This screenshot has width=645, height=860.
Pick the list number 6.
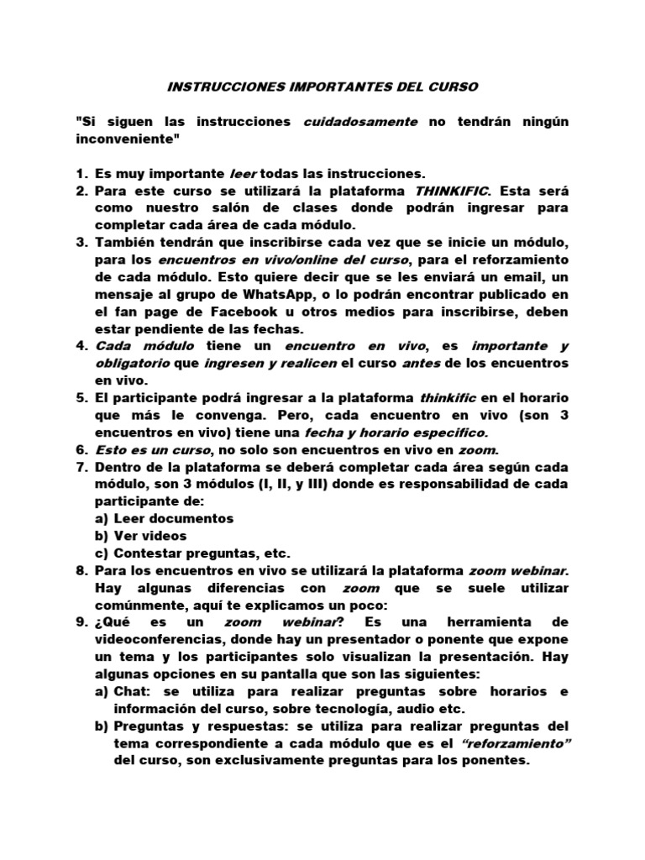pos(81,449)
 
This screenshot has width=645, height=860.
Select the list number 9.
pos(81,621)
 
